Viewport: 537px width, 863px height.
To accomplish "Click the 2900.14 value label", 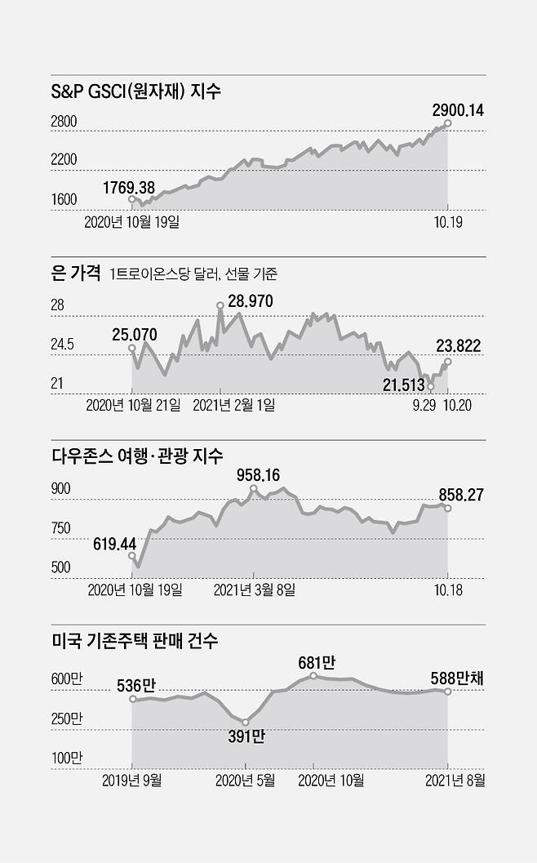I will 457,108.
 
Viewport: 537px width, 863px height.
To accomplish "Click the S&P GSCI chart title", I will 136,92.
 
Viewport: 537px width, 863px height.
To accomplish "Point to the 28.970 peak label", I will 251,301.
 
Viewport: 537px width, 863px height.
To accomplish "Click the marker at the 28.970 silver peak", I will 220,306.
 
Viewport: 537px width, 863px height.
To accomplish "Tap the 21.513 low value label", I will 403,384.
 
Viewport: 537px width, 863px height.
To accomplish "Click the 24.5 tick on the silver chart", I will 64,345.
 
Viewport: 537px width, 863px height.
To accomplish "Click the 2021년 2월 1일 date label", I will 234,404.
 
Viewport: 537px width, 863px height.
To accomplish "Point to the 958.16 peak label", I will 259,474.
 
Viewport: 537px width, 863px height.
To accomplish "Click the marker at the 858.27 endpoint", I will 447,508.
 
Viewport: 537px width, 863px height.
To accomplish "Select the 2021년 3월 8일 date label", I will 254,589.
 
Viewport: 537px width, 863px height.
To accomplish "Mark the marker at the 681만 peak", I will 313,676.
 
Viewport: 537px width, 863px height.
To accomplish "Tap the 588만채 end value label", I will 458,678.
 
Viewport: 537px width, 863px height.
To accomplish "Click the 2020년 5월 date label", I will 245,781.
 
